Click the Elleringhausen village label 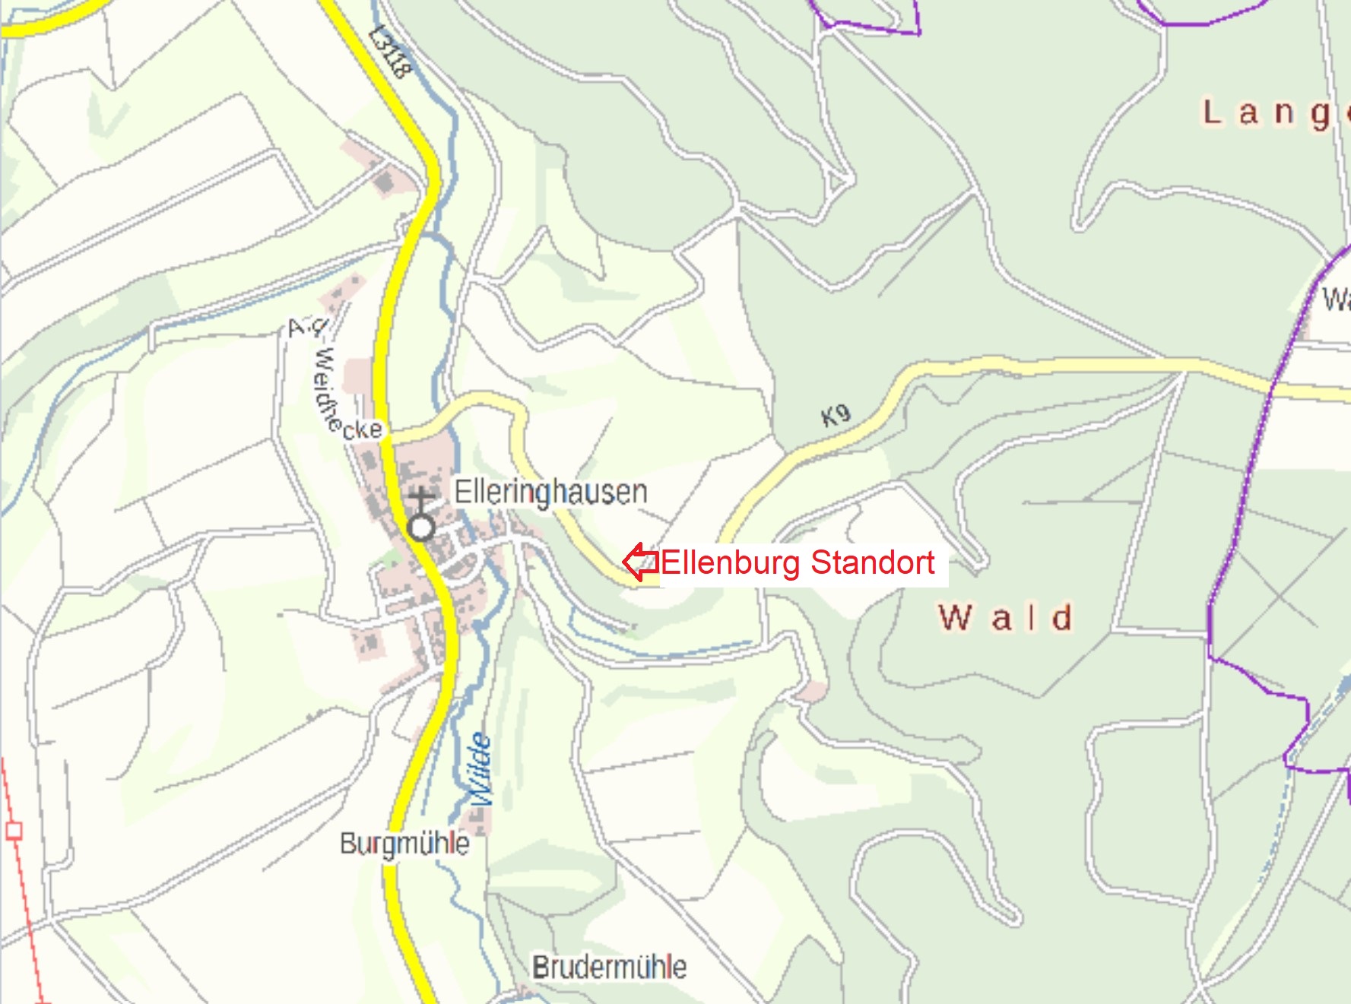click(550, 492)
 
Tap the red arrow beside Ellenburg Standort click(640, 562)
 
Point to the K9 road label click(836, 415)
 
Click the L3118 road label click(390, 52)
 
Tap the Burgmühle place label click(404, 844)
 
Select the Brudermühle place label click(609, 968)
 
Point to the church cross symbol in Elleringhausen click(421, 502)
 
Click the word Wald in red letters click(1005, 617)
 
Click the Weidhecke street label click(335, 380)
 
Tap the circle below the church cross click(421, 527)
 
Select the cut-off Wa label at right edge click(1336, 299)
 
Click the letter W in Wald click(955, 617)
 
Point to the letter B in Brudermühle click(540, 968)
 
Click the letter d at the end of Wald click(1062, 617)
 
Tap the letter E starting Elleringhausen click(461, 492)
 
